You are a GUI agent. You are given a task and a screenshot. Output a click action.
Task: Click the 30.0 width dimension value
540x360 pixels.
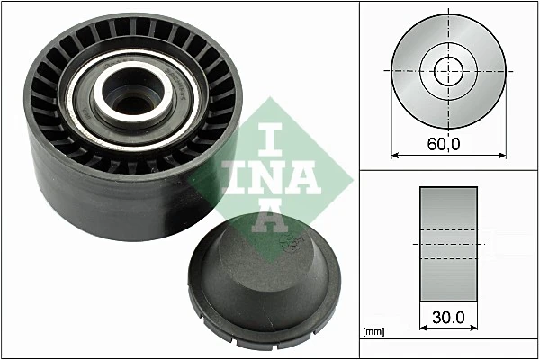pyautogui.click(x=448, y=317)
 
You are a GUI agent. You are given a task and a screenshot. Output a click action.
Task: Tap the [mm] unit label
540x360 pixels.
pyautogui.click(x=373, y=332)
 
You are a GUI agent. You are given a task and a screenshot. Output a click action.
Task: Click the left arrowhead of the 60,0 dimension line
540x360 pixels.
pyautogui.click(x=395, y=156)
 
